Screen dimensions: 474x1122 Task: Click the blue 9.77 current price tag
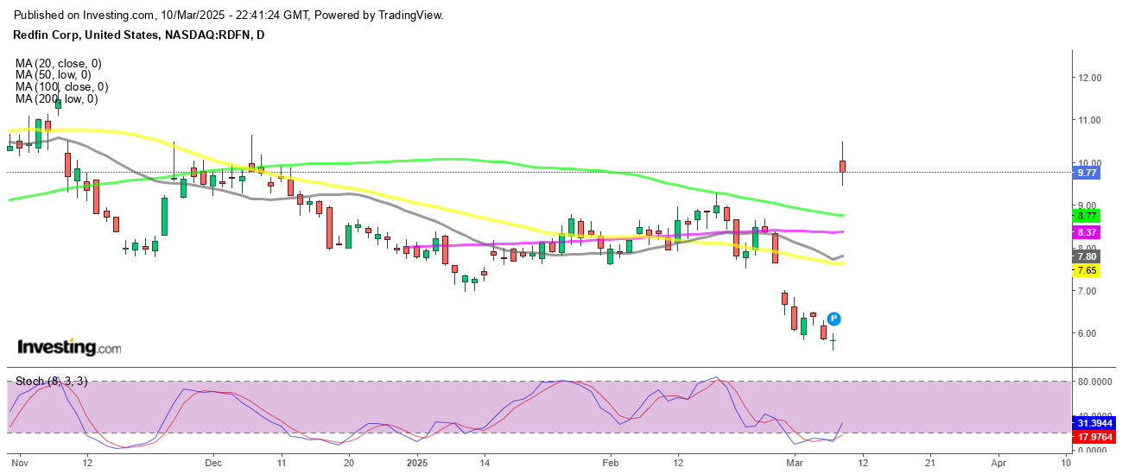[1086, 173]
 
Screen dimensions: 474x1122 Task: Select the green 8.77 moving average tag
[1086, 215]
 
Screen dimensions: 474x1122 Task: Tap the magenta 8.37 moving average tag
[1086, 232]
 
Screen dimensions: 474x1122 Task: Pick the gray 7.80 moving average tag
[1086, 256]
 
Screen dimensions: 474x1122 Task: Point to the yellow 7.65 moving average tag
[1086, 270]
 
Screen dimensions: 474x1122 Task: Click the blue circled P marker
[834, 319]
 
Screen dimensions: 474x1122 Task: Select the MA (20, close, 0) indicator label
[59, 63]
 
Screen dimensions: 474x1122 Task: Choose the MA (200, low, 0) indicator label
[56, 99]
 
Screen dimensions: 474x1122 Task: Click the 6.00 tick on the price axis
[1087, 333]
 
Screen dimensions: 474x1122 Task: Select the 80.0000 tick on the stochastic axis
[1093, 381]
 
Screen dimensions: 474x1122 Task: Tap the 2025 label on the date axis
[416, 462]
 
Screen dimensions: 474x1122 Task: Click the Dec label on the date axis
[213, 462]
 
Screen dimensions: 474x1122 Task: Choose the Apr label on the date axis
[998, 462]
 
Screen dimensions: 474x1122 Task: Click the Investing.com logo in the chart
[69, 347]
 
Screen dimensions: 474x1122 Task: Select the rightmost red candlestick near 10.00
[842, 166]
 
